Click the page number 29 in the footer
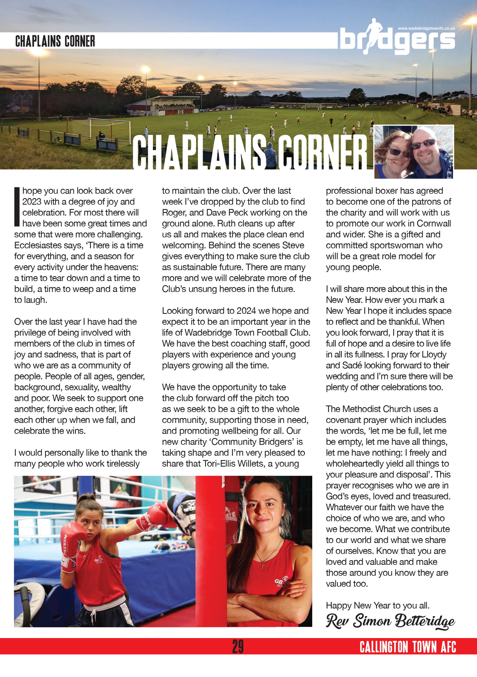[x=238, y=646]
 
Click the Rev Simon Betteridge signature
[x=390, y=621]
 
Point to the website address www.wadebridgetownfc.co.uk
[x=426, y=28]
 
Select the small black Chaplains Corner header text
[x=55, y=41]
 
